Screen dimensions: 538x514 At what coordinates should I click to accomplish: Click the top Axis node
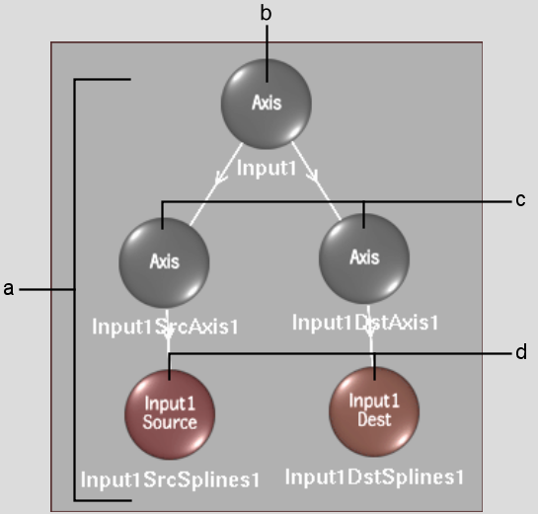point(267,104)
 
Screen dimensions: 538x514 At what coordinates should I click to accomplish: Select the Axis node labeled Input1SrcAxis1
point(164,262)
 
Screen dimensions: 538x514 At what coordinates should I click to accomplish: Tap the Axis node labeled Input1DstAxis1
point(364,258)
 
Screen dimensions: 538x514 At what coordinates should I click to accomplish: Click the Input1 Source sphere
point(170,414)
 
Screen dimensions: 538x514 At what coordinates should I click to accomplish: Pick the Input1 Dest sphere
point(374,411)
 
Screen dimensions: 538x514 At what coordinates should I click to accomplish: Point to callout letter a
point(9,289)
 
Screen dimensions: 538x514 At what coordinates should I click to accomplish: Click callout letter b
point(266,14)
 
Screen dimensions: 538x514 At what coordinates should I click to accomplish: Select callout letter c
point(520,200)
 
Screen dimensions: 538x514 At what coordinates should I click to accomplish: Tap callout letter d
point(521,352)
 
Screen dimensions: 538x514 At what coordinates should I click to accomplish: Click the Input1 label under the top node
point(267,169)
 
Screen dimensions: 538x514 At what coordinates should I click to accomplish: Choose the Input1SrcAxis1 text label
point(165,327)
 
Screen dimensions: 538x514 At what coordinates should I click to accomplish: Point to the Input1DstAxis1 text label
point(365,323)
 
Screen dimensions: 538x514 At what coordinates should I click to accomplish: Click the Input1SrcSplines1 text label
point(170,479)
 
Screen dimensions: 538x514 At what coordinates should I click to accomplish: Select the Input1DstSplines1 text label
point(375,477)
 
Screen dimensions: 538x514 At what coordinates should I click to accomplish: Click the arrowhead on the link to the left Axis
point(220,178)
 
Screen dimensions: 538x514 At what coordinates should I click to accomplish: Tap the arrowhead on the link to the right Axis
point(313,176)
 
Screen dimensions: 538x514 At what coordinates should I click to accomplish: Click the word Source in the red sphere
point(170,422)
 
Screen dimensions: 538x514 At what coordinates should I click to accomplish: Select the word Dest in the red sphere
point(374,419)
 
